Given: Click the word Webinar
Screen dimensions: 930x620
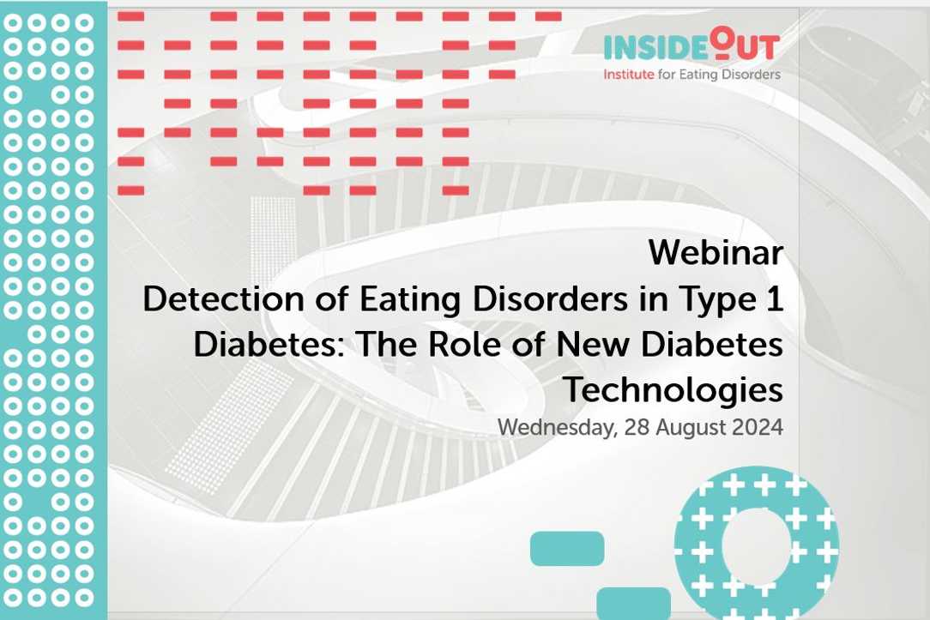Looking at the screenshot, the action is tap(716, 252).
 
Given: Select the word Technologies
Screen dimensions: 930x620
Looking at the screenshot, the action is tap(673, 391).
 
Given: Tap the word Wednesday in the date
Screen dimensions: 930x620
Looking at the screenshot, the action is tap(558, 428).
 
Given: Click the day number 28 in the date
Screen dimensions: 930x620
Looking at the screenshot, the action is tap(637, 427).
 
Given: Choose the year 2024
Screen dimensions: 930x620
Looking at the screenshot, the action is tap(758, 427).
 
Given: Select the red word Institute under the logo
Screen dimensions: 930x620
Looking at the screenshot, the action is tap(629, 75).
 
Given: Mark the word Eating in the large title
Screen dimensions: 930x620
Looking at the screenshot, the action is tap(410, 300).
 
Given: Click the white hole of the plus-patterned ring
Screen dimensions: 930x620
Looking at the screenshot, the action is tap(757, 546).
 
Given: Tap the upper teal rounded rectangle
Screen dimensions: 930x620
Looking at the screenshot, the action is tap(567, 548).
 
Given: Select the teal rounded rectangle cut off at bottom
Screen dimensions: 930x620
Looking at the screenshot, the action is tap(633, 604).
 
